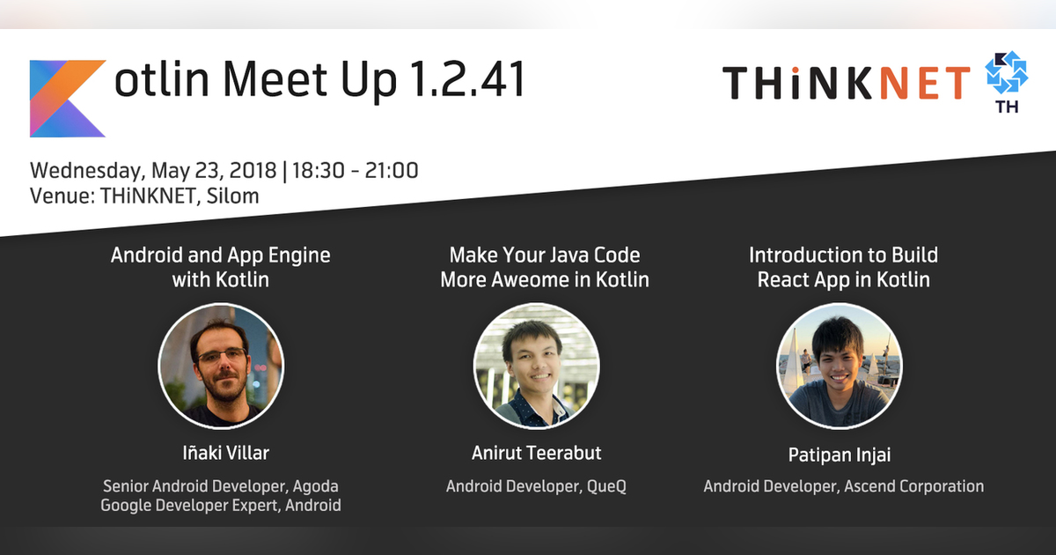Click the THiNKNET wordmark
(x=847, y=82)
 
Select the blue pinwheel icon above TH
(x=1006, y=74)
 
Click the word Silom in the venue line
(x=233, y=196)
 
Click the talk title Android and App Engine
(x=221, y=255)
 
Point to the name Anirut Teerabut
(x=536, y=454)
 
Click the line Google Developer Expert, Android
(x=221, y=506)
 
